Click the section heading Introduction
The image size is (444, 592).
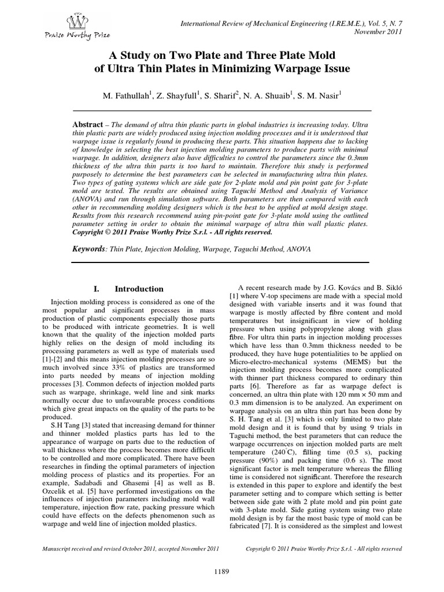click(x=139, y=288)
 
